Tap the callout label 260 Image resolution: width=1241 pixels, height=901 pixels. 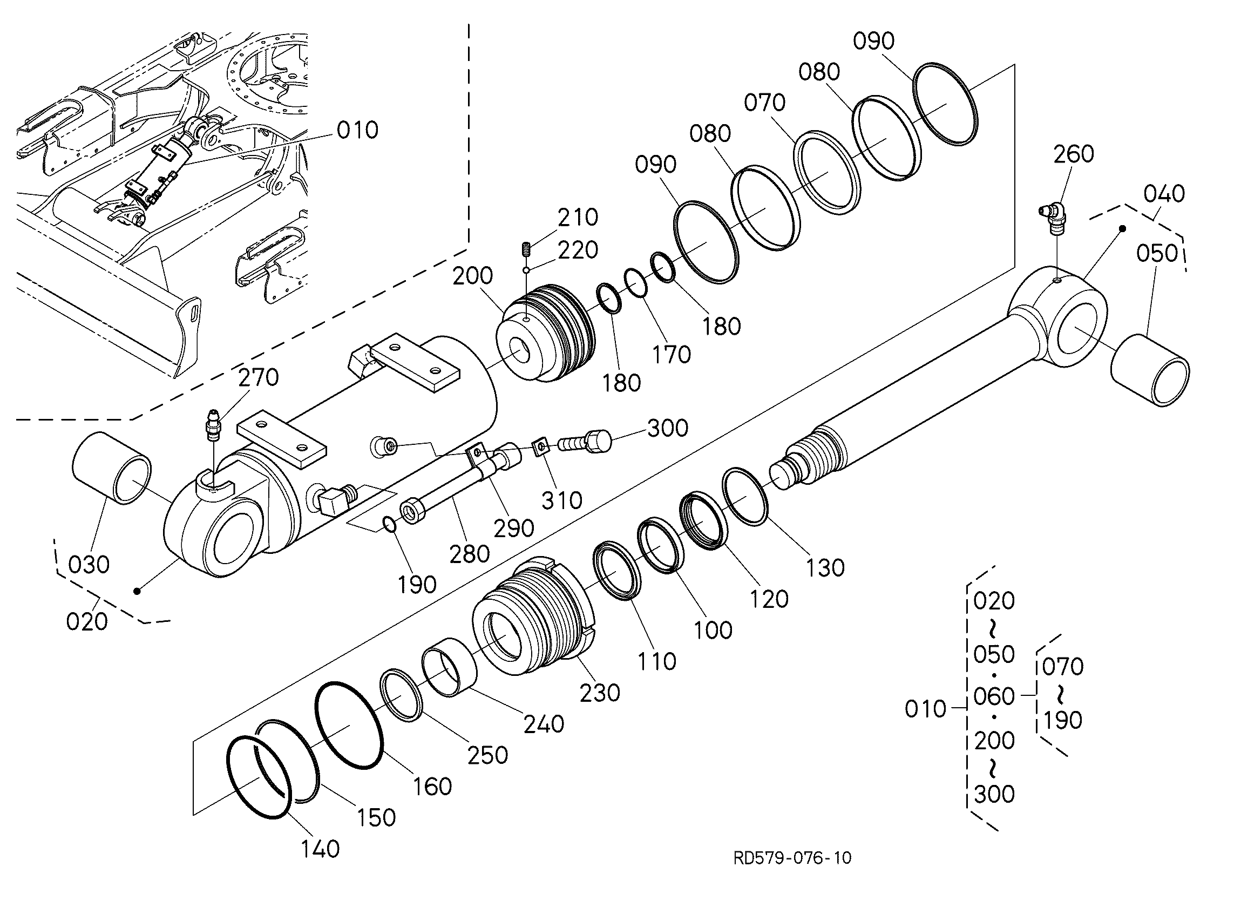(x=1074, y=154)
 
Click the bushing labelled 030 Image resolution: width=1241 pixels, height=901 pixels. (x=111, y=468)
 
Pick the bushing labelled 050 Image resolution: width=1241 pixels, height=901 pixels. (x=1150, y=370)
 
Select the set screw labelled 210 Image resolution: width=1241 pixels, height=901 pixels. (x=526, y=249)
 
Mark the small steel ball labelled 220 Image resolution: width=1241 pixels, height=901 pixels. (x=526, y=270)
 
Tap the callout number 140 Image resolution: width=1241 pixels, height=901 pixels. (x=321, y=849)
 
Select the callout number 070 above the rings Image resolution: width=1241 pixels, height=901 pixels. (x=764, y=103)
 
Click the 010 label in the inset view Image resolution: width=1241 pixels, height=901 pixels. (x=357, y=130)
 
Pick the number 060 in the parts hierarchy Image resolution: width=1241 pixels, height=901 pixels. (x=994, y=697)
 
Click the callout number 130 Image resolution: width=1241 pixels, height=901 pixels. (x=825, y=568)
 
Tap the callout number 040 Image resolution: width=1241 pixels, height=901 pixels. (x=1164, y=194)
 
